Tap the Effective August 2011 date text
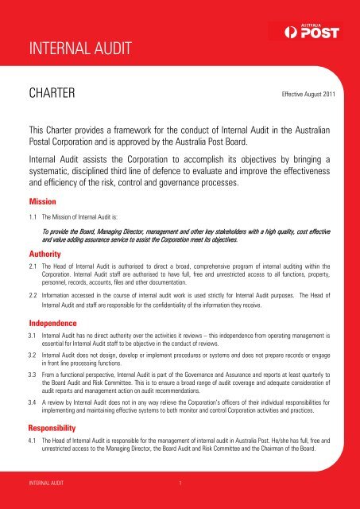tap(310, 97)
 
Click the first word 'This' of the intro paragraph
tap(41, 127)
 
